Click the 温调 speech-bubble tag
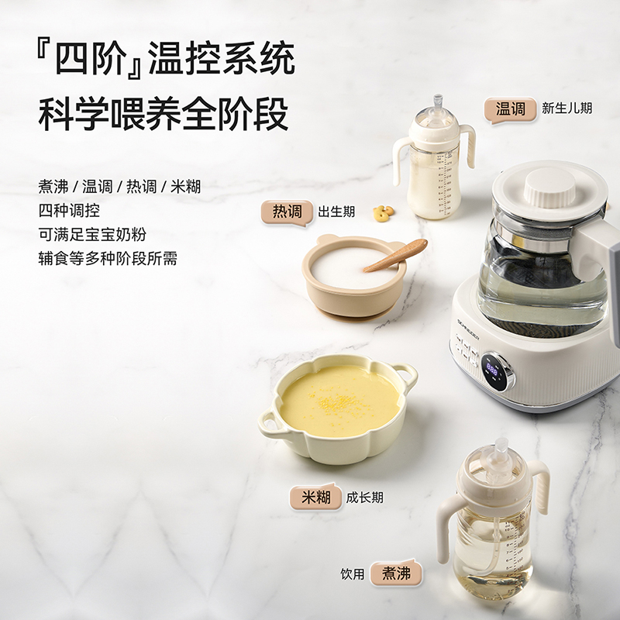[510, 109]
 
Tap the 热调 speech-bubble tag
[287, 212]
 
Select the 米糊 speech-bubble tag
[316, 497]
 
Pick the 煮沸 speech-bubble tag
[396, 573]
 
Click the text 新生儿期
[567, 108]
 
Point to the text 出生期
[336, 212]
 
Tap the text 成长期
[364, 498]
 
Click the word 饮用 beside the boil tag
[353, 573]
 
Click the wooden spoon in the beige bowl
[395, 256]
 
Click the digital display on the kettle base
[492, 370]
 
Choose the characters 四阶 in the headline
[91, 59]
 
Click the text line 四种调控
[69, 210]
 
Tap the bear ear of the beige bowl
[326, 239]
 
